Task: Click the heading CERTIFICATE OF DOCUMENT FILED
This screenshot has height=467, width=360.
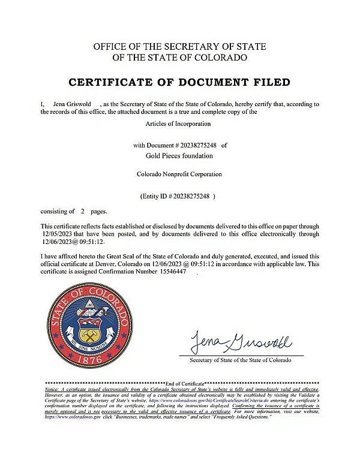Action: pos(180,82)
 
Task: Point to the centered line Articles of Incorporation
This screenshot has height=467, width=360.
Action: pos(179,123)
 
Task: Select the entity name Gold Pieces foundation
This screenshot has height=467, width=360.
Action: pos(180,155)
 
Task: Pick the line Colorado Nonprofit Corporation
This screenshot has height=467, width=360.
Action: pos(179,174)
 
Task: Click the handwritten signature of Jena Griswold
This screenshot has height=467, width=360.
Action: pos(241,344)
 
